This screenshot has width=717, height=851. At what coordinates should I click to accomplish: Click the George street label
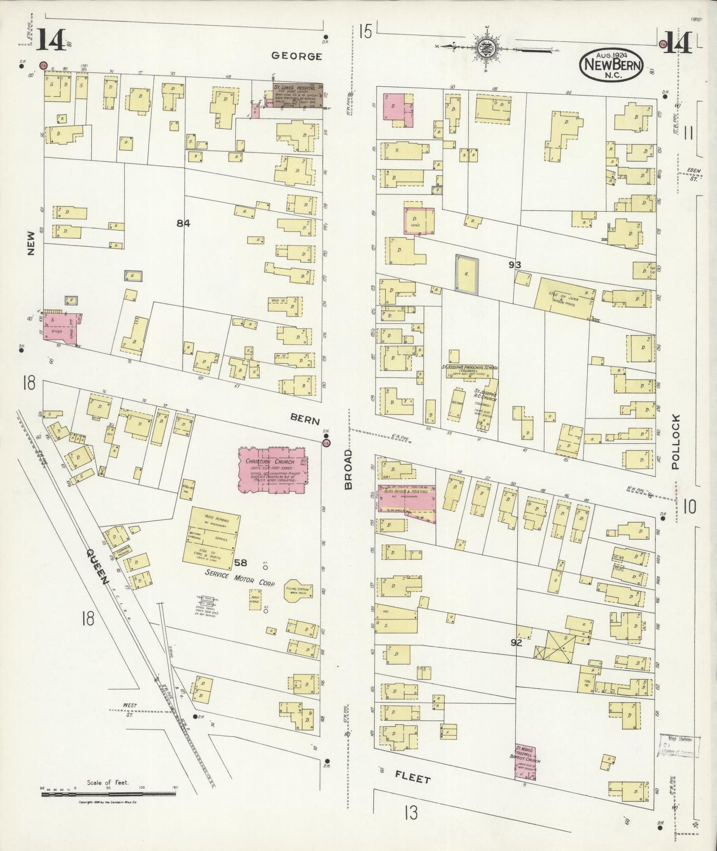296,56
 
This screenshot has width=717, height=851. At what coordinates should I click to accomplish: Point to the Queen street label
97,567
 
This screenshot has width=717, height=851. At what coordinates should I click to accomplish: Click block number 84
183,223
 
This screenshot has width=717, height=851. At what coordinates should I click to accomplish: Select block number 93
515,265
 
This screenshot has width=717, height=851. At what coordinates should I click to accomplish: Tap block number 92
517,642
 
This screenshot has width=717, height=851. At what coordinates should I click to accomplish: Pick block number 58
240,563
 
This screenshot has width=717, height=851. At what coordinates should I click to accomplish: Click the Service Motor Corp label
240,578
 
